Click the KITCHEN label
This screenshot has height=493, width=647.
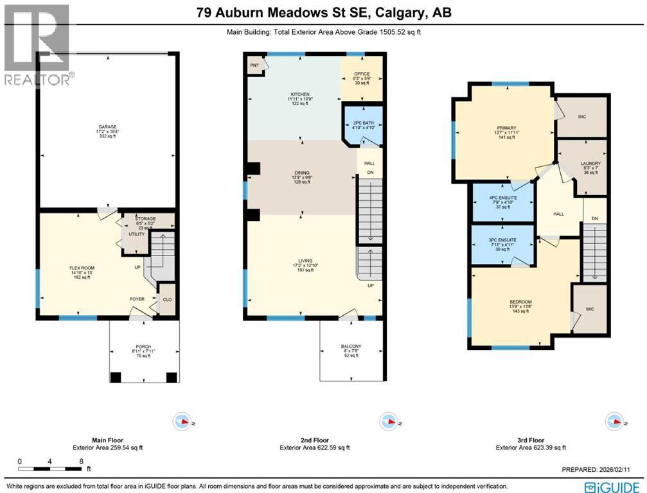coord(299,94)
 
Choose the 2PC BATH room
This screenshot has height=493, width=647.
coord(362,123)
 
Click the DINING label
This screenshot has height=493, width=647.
coord(301,173)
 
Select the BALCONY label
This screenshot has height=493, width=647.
coord(351,347)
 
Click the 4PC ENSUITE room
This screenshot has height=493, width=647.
coord(504,198)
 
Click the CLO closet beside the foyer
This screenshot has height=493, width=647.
coord(166,298)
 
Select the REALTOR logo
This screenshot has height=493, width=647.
coord(36,45)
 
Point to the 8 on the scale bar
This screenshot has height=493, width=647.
coord(80,462)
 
